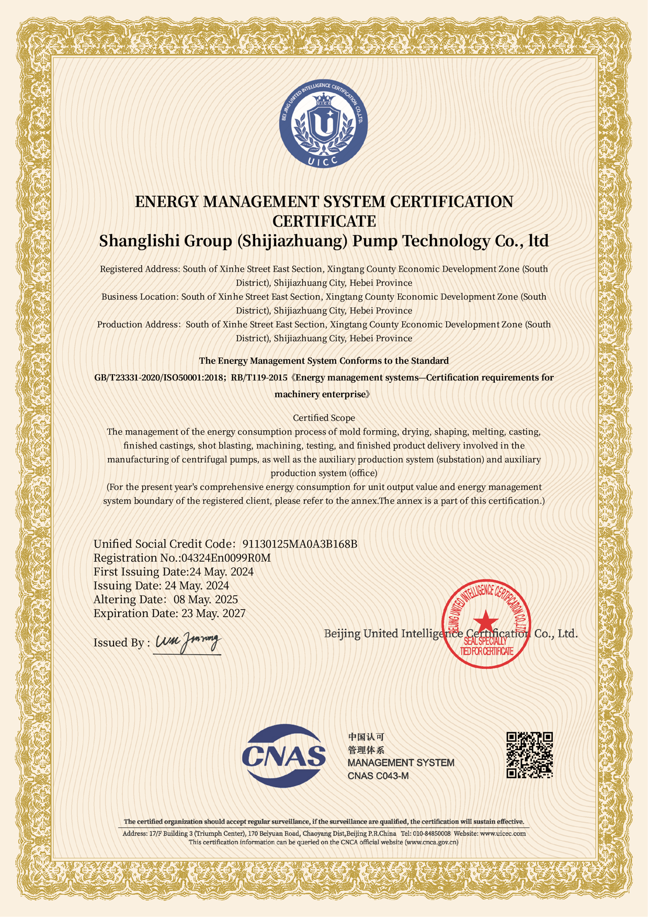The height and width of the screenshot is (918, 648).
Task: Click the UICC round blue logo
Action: click(324, 124)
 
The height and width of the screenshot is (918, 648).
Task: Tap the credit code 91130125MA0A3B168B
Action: click(300, 544)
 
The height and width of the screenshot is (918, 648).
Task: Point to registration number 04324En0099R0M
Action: click(226, 558)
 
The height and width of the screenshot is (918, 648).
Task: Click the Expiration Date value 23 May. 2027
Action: click(213, 613)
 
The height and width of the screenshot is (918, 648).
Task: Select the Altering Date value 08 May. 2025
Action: click(206, 599)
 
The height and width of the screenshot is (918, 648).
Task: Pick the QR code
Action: click(529, 755)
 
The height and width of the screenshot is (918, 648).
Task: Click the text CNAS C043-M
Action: click(378, 776)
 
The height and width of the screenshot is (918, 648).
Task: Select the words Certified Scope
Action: click(324, 418)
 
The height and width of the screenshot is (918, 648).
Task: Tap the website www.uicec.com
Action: click(503, 833)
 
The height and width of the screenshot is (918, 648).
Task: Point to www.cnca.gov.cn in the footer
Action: click(431, 842)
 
